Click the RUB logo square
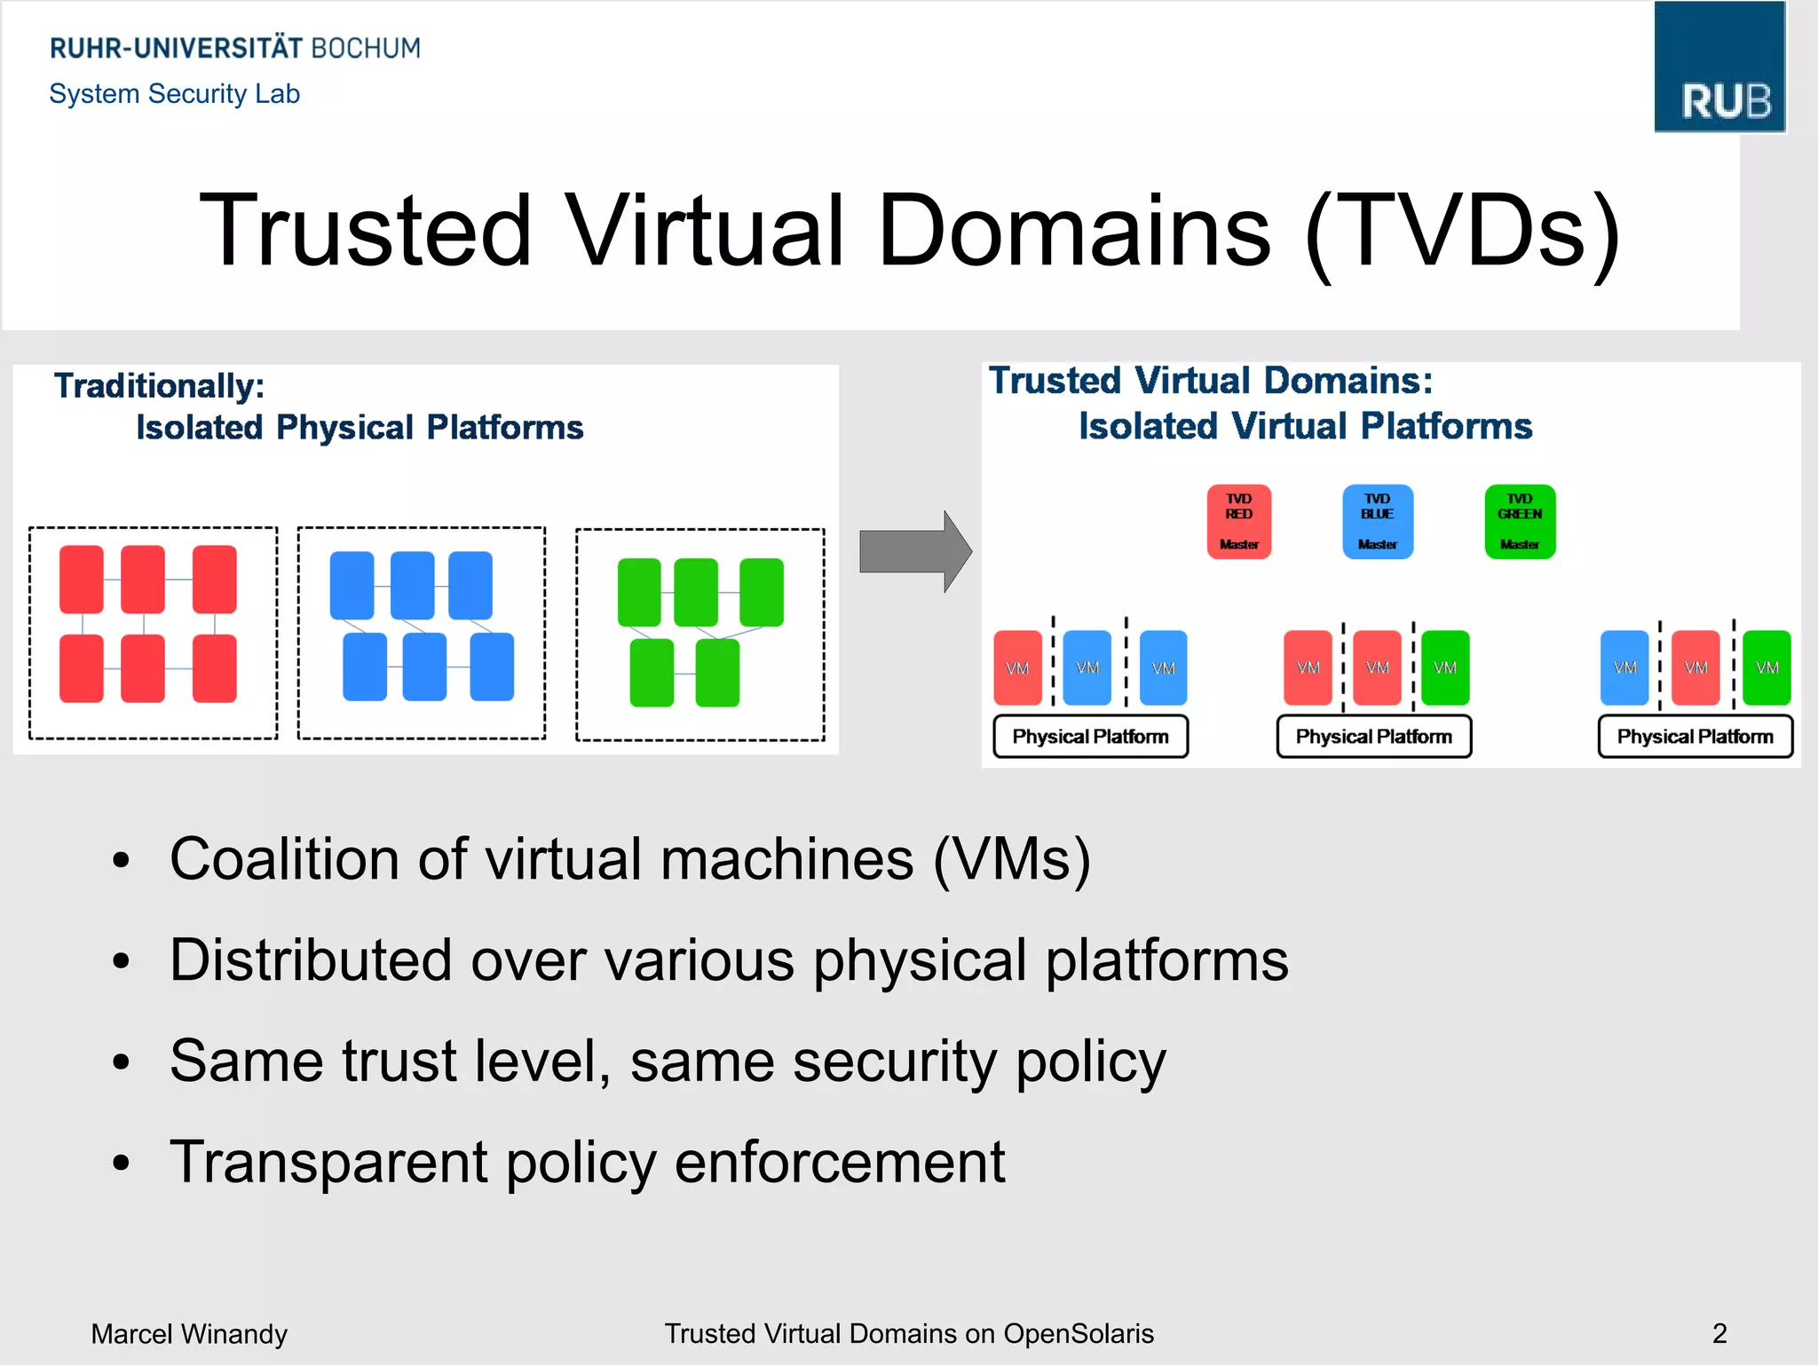(x=1719, y=67)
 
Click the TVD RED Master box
(x=1238, y=522)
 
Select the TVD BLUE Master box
(x=1377, y=522)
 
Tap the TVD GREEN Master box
(x=1519, y=522)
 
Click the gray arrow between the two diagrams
(x=914, y=551)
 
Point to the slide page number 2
(x=1719, y=1333)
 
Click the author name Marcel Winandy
(x=189, y=1334)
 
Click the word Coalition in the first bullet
(x=284, y=859)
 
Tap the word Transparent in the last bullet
(x=328, y=1163)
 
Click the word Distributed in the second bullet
(x=311, y=960)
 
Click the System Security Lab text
(x=175, y=93)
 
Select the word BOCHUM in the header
(x=365, y=48)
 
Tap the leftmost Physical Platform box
(x=1090, y=737)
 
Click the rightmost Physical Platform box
(x=1695, y=737)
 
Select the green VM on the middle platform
(x=1444, y=667)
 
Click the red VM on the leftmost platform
(x=1017, y=667)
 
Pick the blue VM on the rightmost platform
(x=1624, y=667)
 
